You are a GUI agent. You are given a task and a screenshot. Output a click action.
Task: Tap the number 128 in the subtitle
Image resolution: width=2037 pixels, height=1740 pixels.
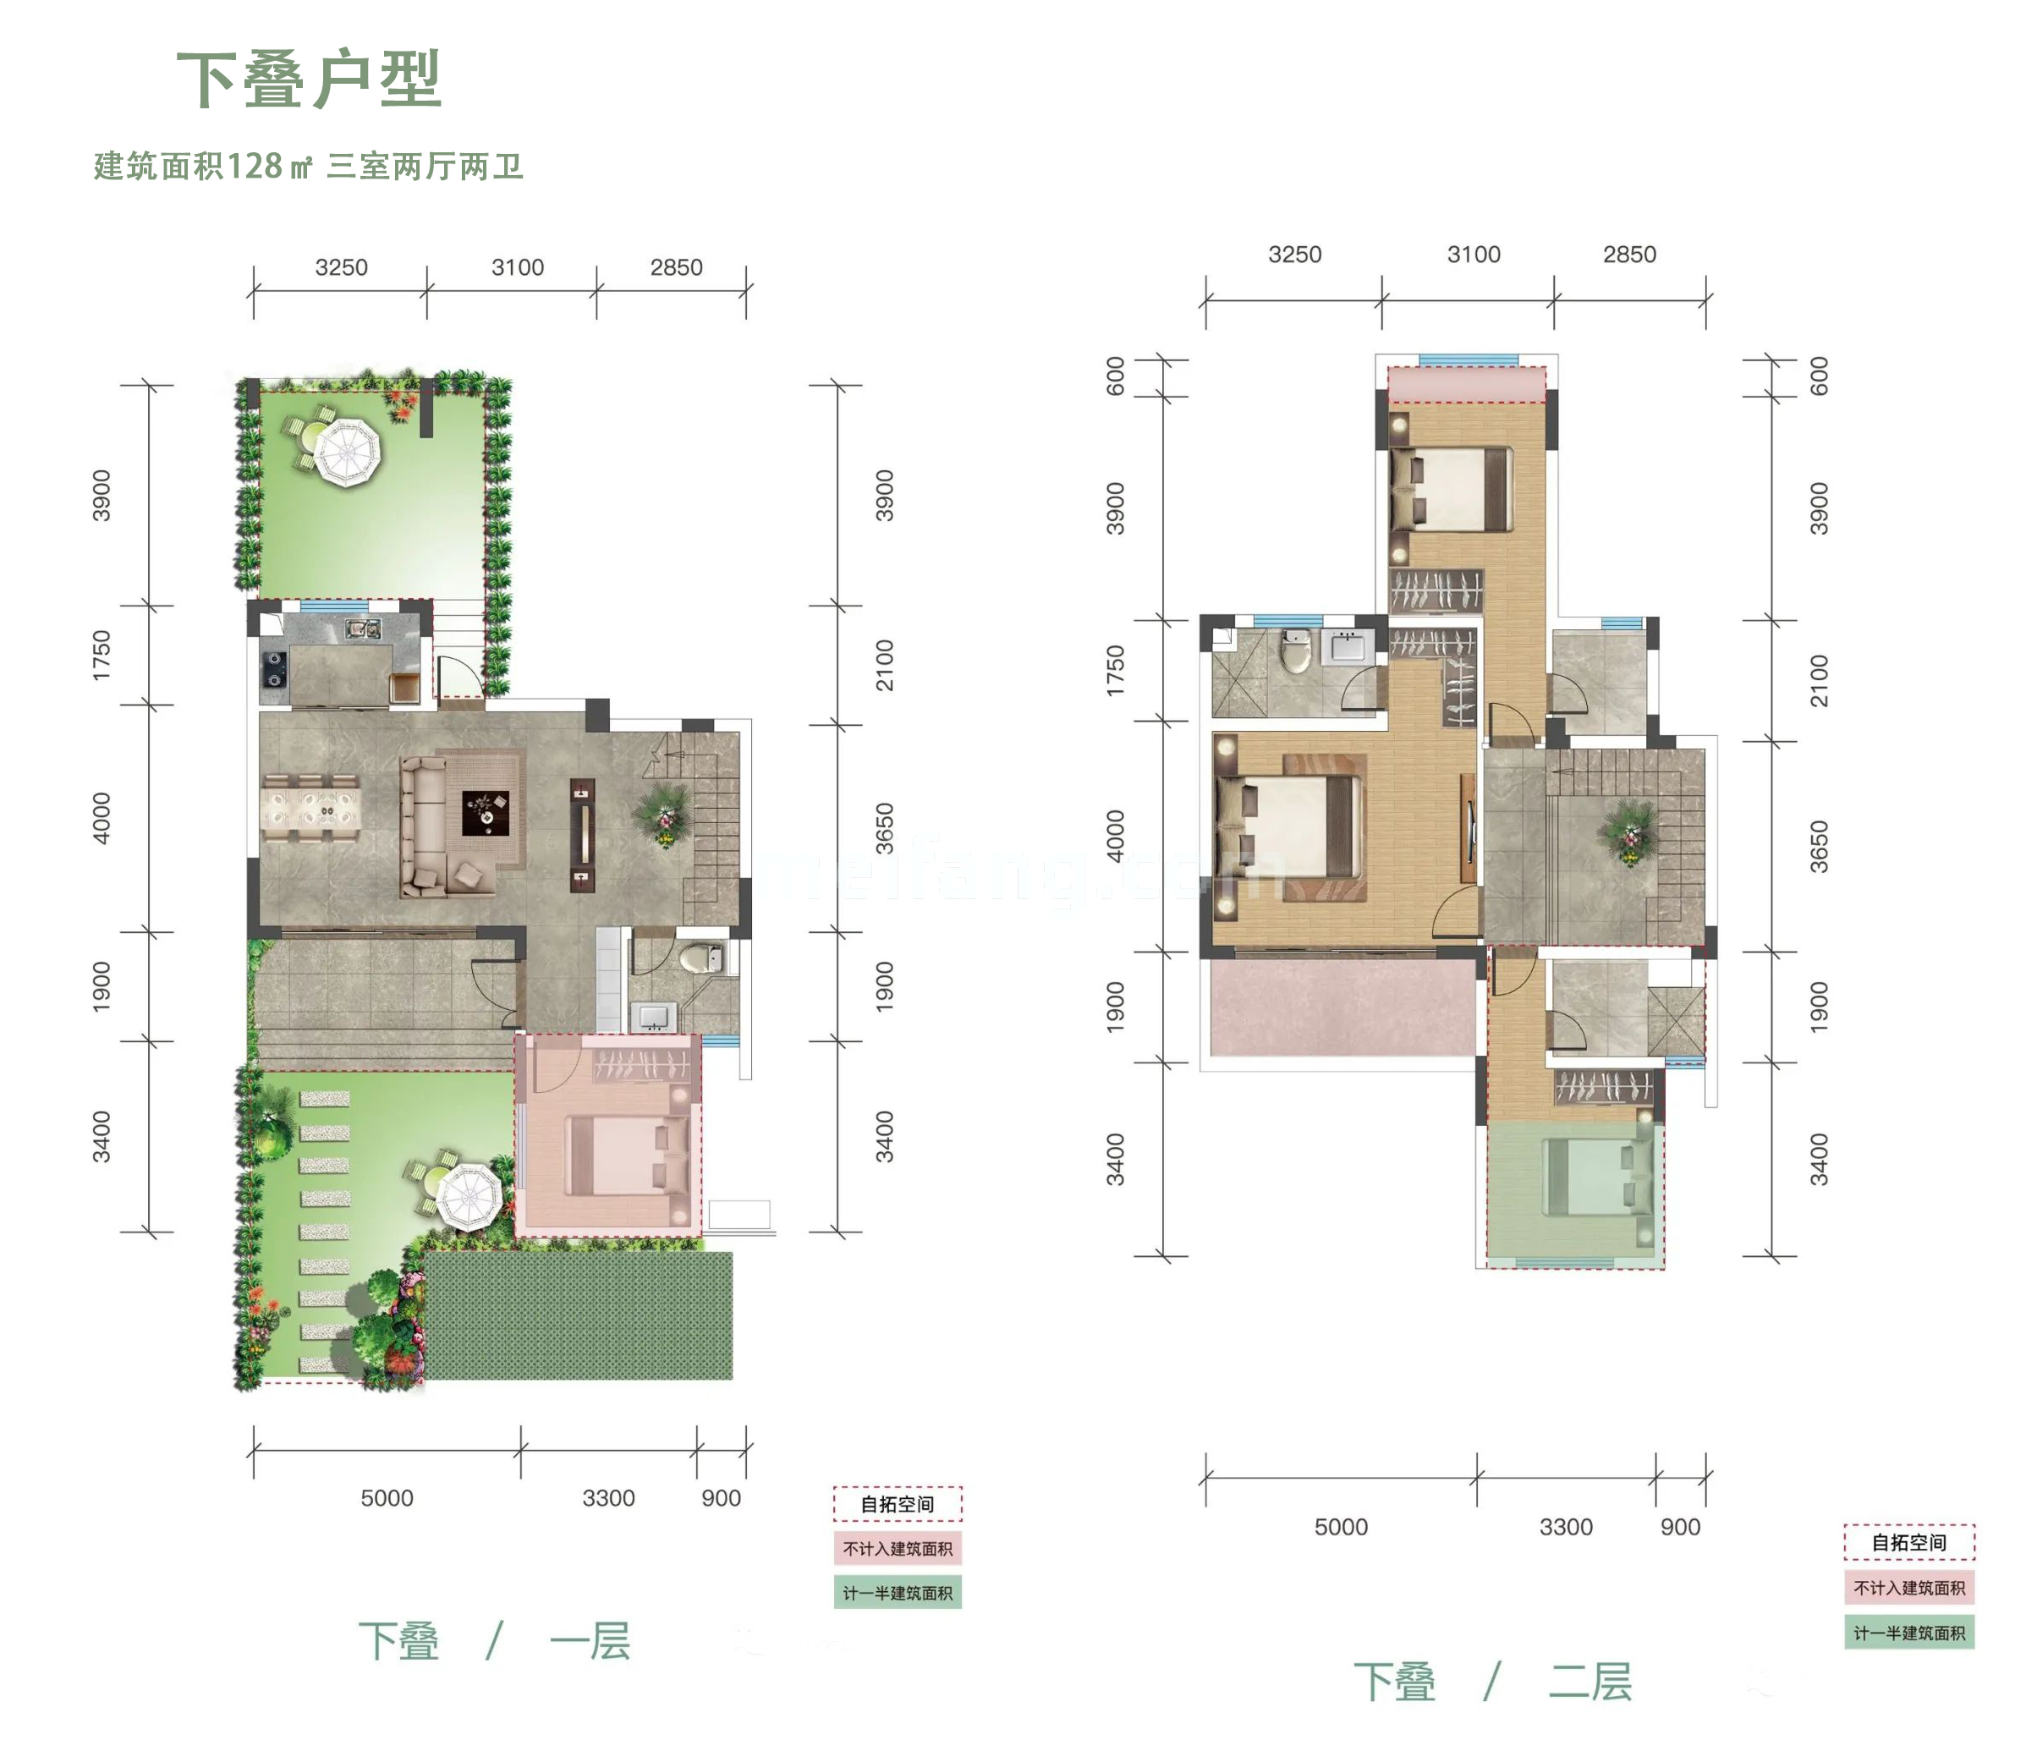(x=255, y=166)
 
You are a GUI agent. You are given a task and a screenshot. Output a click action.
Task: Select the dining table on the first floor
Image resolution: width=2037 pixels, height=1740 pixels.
(x=310, y=808)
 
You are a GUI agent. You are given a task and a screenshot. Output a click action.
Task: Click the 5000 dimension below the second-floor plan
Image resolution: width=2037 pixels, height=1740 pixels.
(x=1341, y=1527)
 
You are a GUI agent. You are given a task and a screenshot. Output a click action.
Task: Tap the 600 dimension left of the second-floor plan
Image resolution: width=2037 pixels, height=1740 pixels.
(x=1115, y=376)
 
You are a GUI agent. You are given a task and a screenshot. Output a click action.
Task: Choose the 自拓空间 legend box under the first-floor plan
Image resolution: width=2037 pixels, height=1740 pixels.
(x=897, y=1504)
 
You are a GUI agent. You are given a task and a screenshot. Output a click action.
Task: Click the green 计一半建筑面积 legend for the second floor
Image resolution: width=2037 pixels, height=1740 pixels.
(x=1908, y=1633)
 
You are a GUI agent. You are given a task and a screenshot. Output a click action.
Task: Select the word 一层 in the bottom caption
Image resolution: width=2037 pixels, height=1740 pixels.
(x=590, y=1642)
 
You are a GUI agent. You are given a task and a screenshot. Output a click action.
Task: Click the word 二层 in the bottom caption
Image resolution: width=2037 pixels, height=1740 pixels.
(x=1590, y=1682)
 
